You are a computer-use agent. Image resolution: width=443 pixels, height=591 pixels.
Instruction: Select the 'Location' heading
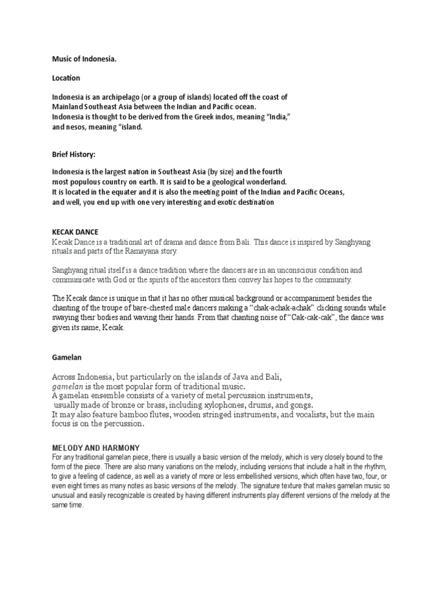tap(66, 77)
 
